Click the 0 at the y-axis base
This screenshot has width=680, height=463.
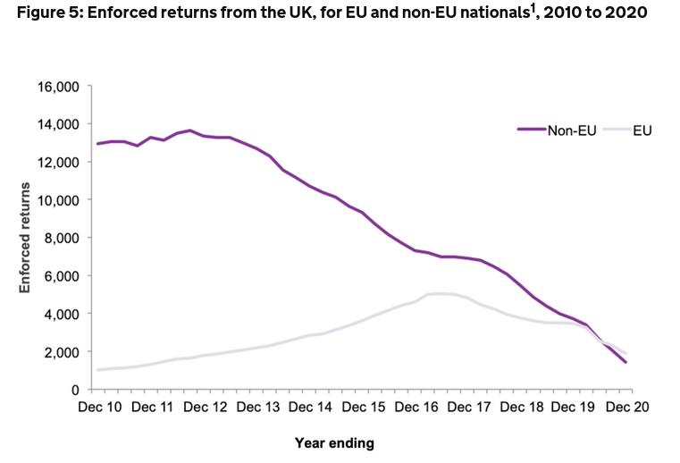tap(77, 390)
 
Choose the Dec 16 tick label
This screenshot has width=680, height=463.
tap(417, 408)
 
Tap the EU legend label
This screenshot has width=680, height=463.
tap(642, 130)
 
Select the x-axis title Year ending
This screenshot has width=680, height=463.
tap(334, 442)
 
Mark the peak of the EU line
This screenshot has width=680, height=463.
tap(440, 293)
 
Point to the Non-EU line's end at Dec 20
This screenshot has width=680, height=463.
tap(625, 362)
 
